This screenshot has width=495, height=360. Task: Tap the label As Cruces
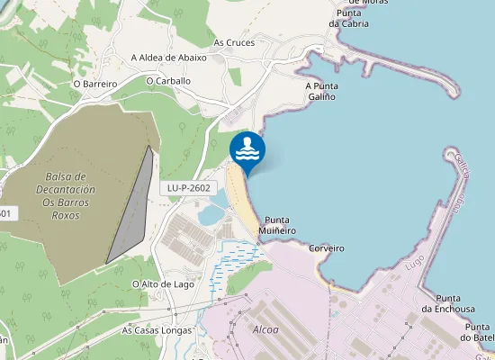pos(234,42)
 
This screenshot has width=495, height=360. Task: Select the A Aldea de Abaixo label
pos(168,58)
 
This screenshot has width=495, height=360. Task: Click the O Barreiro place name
pos(96,84)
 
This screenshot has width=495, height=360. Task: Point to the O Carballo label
pos(168,80)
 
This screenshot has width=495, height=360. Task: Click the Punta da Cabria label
pos(347,18)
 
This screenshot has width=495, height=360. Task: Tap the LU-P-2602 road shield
pos(189,188)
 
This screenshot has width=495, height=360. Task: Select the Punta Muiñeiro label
pos(280,225)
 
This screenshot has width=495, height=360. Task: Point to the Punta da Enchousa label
pos(454,303)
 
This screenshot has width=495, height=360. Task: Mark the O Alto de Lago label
pos(163,284)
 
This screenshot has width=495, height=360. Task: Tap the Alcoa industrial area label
pos(265,329)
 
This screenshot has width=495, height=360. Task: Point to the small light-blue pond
pos(209,213)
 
